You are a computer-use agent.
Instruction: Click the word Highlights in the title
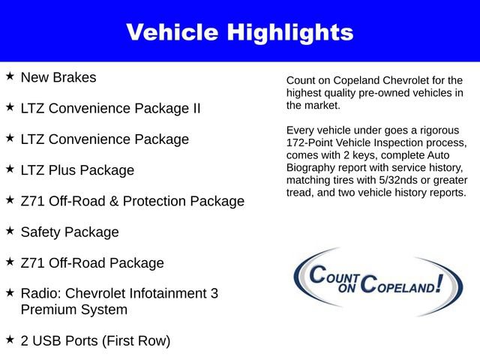(x=292, y=32)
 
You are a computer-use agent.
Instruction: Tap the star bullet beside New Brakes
(x=10, y=76)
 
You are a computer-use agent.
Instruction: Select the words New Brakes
(x=58, y=77)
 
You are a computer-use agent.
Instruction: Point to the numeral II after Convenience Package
(x=195, y=108)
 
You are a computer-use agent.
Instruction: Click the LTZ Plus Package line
(x=77, y=170)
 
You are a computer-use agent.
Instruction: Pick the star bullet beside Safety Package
(x=10, y=232)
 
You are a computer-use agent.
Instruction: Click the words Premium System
(x=73, y=309)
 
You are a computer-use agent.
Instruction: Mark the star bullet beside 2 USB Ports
(x=10, y=340)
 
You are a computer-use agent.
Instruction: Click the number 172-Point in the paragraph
(x=312, y=142)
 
